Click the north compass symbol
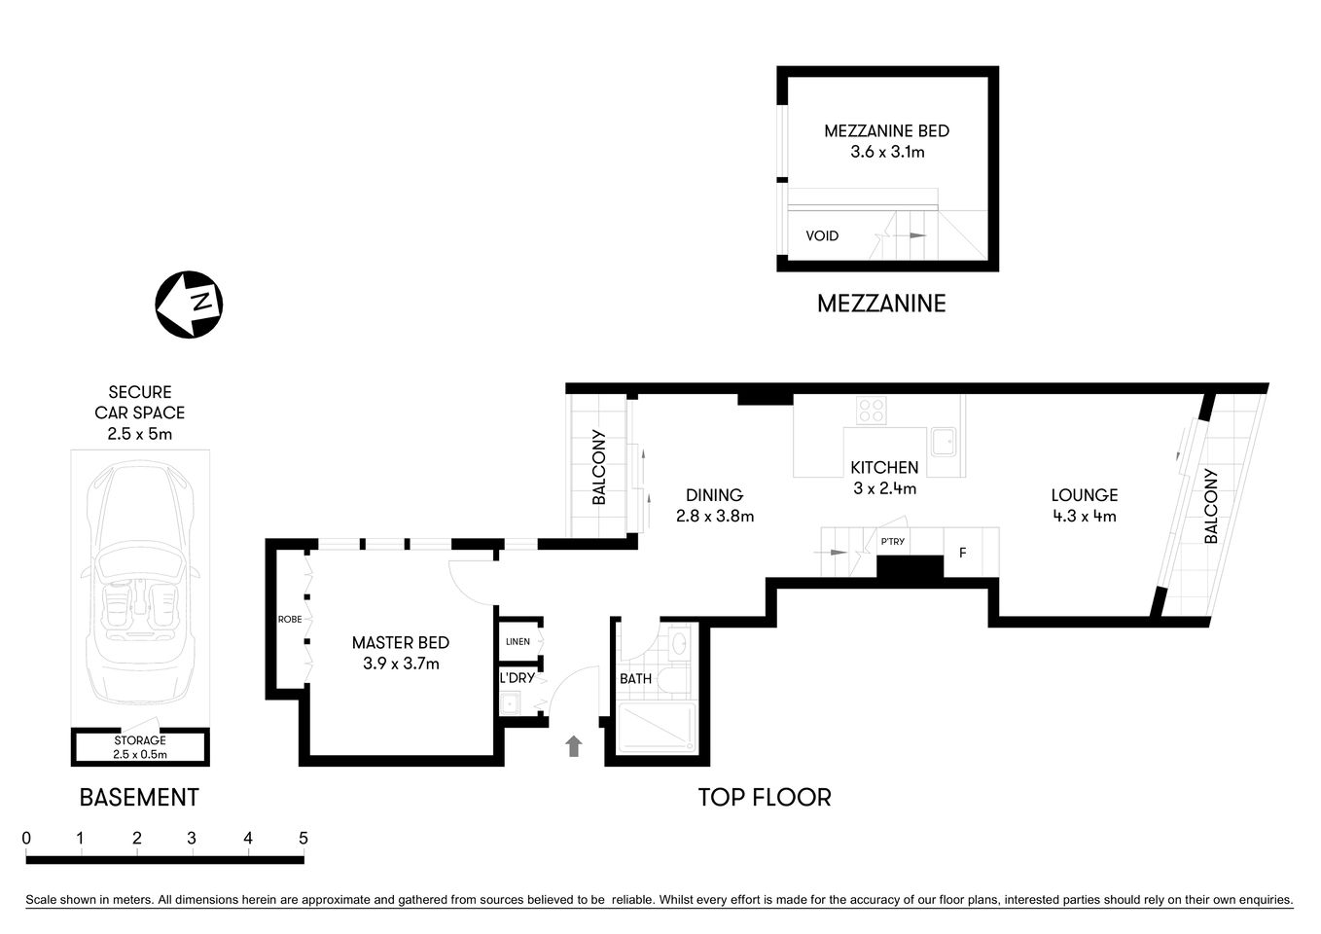point(190,305)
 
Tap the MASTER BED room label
point(400,642)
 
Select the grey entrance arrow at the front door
point(574,746)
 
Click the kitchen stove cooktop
point(871,411)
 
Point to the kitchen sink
point(943,442)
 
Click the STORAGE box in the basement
point(140,747)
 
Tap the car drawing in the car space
point(140,584)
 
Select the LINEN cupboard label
point(518,641)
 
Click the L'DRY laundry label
point(517,677)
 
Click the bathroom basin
point(679,642)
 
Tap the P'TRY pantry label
point(892,541)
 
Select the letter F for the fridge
point(963,553)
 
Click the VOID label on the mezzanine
point(822,235)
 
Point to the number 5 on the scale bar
point(303,839)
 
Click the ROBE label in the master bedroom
point(289,619)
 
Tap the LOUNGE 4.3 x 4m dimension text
point(1084,517)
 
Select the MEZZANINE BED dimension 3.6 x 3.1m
point(886,152)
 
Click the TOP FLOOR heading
point(765,798)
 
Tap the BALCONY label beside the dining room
point(598,467)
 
